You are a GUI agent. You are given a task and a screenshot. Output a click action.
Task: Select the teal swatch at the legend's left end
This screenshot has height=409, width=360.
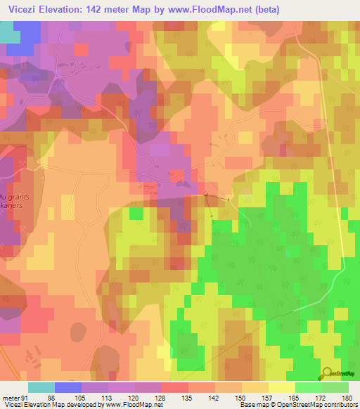(x=41, y=387)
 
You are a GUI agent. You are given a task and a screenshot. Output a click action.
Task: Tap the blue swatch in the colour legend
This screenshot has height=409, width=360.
(x=67, y=387)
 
